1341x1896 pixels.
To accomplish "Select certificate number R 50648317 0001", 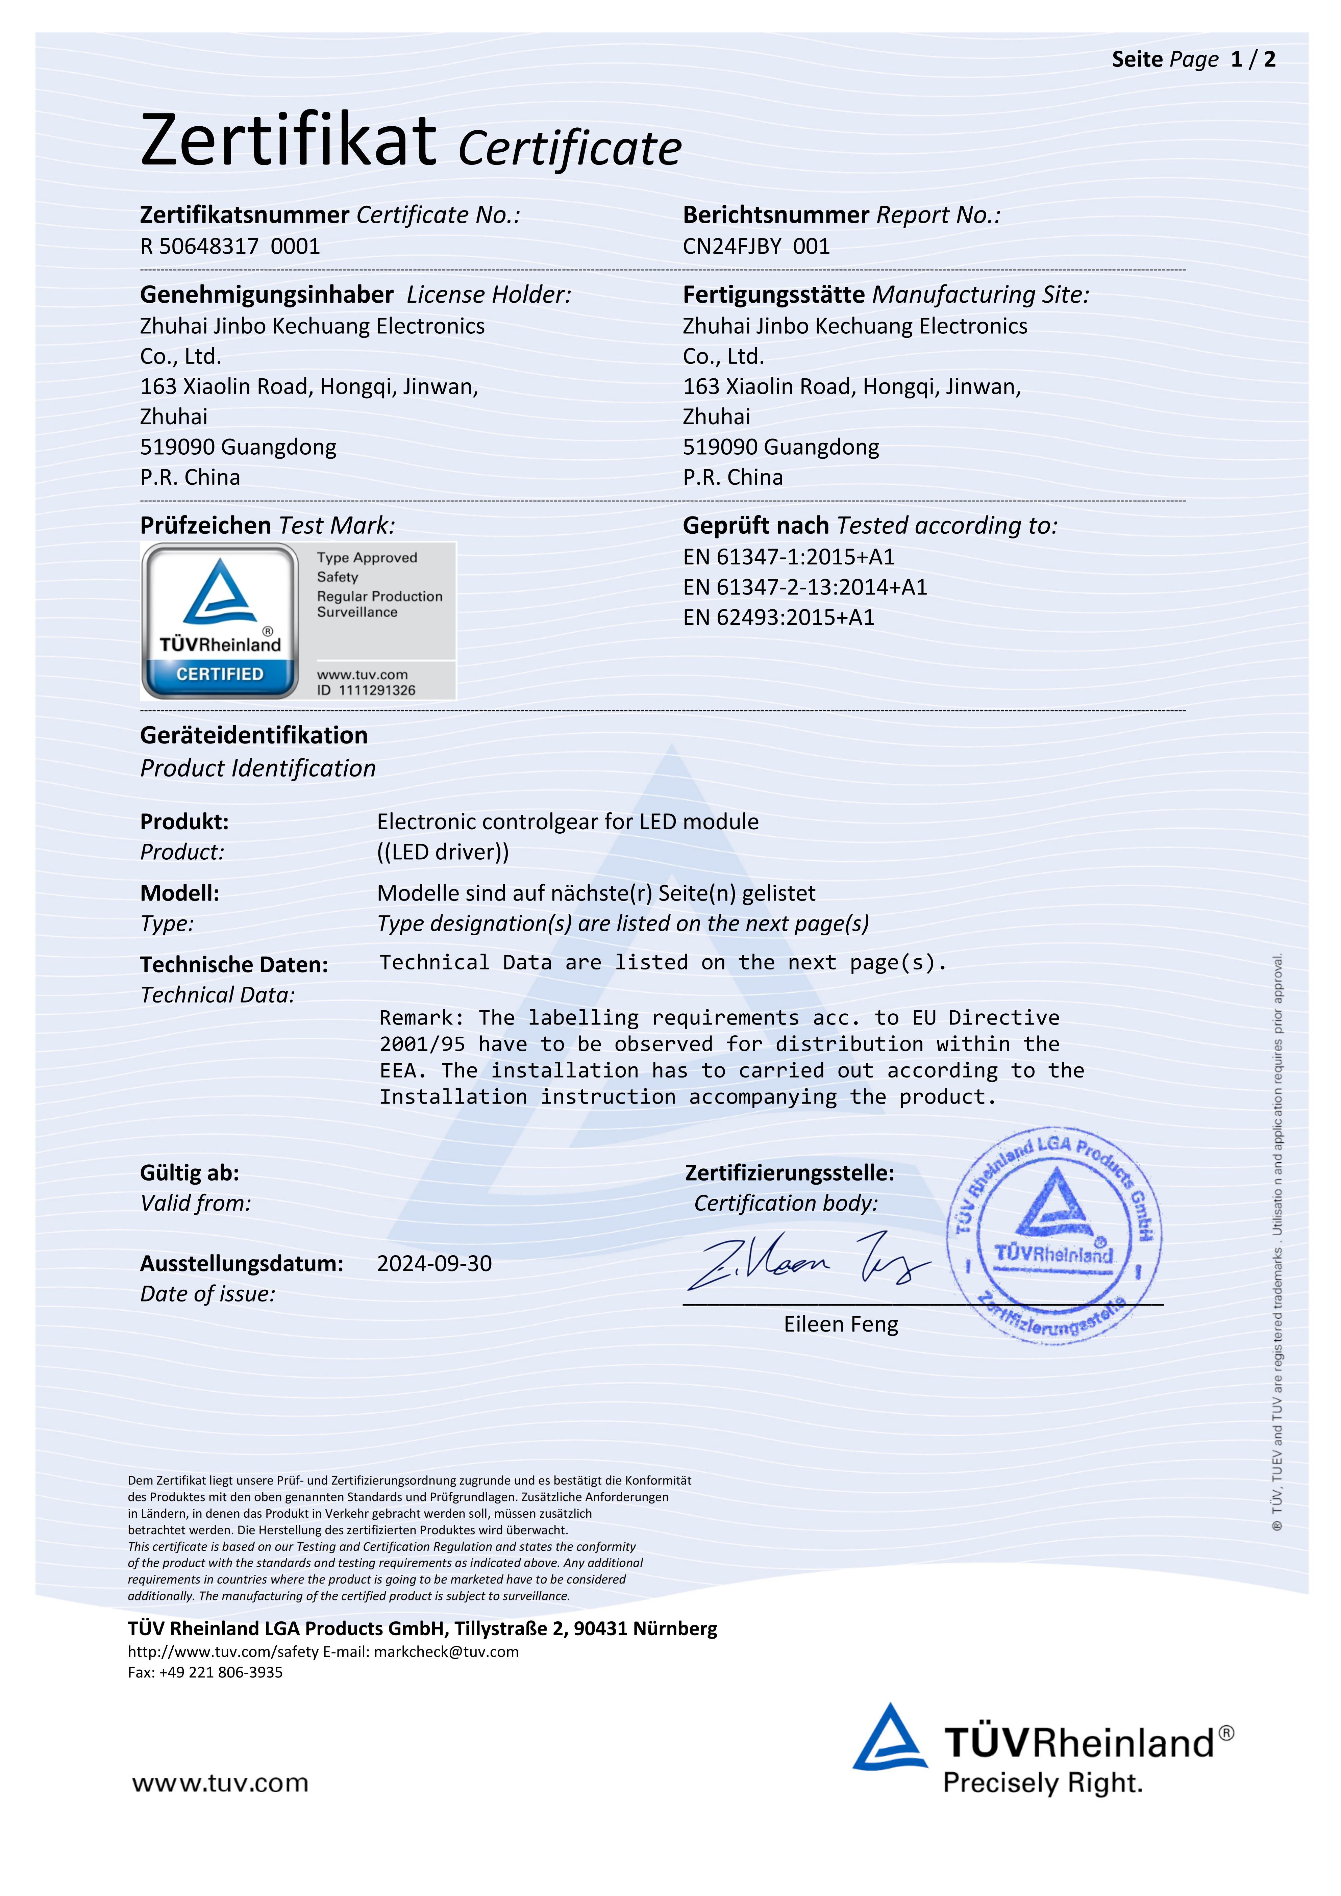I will point(229,246).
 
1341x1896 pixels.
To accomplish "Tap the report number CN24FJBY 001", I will point(755,246).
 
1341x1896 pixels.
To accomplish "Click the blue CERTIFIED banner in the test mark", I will point(220,674).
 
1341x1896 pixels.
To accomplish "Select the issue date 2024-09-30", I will point(434,1263).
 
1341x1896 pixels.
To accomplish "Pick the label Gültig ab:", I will point(189,1172).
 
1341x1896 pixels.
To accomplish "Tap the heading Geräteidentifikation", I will point(253,735).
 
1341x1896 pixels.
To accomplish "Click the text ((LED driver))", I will point(443,852).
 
